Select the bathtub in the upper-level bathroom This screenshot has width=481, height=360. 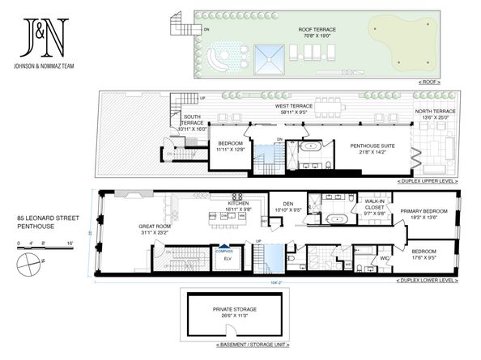pyautogui.click(x=312, y=150)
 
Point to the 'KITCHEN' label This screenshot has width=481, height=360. pyautogui.click(x=239, y=204)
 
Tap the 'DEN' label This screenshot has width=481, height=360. pyautogui.click(x=287, y=204)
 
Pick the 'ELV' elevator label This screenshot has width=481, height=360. pyautogui.click(x=228, y=259)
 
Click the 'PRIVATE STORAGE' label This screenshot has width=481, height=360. pyautogui.click(x=235, y=310)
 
